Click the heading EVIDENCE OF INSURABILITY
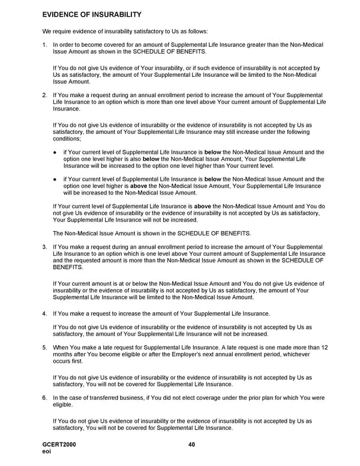click(91, 14)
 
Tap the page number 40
click(191, 444)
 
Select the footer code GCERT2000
click(59, 444)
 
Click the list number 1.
click(44, 45)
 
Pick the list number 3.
click(44, 247)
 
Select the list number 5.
click(44, 348)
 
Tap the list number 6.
click(44, 398)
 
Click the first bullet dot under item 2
click(55, 153)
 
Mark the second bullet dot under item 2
click(55, 179)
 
